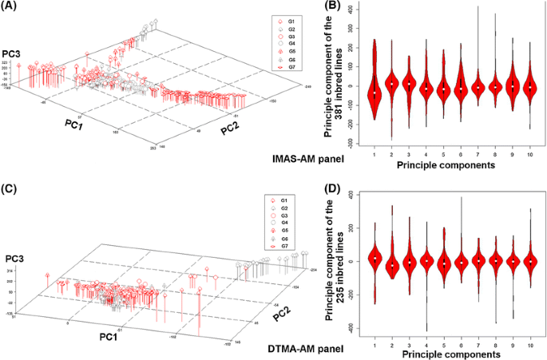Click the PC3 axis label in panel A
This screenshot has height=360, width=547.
pyautogui.click(x=12, y=53)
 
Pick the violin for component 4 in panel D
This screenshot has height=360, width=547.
pyautogui.click(x=426, y=260)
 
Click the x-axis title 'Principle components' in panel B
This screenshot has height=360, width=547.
pyautogui.click(x=451, y=168)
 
